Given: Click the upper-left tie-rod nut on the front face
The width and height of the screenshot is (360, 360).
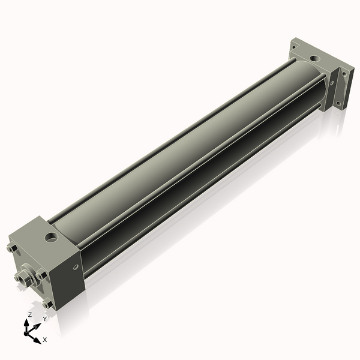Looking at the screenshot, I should (13, 250).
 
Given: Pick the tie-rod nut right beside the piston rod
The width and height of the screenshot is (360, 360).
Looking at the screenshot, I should (41, 275).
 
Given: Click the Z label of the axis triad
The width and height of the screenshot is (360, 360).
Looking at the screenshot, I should (30, 314).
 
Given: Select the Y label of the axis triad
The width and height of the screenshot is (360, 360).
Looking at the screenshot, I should (44, 319).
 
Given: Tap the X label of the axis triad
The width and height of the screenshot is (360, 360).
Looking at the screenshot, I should (45, 340).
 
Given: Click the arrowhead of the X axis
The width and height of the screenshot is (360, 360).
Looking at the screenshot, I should (38, 337).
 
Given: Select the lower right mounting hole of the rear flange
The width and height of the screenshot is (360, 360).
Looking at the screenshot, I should (338, 104).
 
